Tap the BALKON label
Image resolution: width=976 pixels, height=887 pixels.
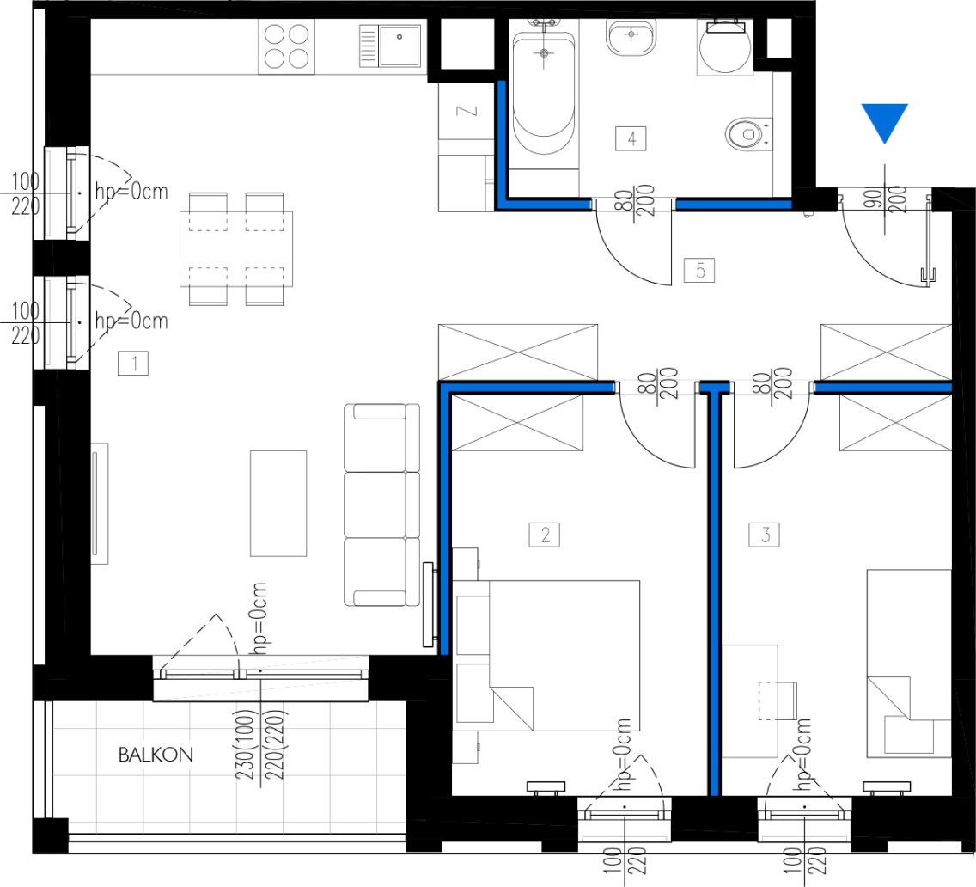(x=156, y=755)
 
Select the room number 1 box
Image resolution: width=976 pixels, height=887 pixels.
(x=133, y=364)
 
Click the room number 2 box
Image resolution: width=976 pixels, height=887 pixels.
(x=544, y=535)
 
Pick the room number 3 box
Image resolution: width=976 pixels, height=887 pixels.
(x=765, y=535)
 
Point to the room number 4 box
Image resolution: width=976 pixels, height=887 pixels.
(x=631, y=138)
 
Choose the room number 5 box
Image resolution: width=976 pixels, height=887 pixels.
(x=699, y=271)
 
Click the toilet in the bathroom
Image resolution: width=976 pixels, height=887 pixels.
(x=749, y=133)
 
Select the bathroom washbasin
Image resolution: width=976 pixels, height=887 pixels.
(x=631, y=37)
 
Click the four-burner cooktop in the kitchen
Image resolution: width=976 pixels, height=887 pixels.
(x=287, y=46)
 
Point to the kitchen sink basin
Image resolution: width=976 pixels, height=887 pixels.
(x=400, y=45)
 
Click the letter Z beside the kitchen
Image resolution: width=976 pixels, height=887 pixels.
(x=467, y=111)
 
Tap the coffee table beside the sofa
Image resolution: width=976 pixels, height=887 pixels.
(x=278, y=504)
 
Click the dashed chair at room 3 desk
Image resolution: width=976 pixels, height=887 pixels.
(x=778, y=700)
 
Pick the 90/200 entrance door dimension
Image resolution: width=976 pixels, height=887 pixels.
(x=885, y=199)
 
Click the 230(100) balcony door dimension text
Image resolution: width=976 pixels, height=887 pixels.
(x=245, y=744)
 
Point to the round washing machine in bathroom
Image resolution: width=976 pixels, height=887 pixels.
(x=725, y=47)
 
